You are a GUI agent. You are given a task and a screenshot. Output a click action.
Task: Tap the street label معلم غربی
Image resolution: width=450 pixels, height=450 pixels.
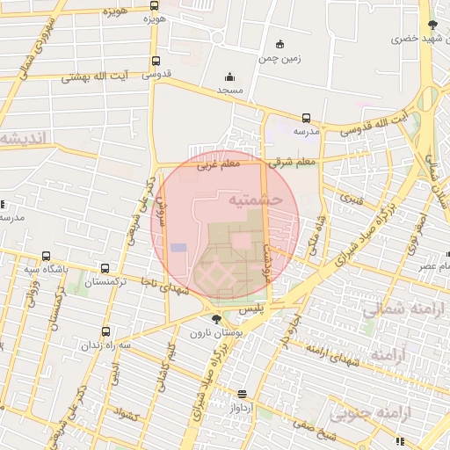(x=218, y=164)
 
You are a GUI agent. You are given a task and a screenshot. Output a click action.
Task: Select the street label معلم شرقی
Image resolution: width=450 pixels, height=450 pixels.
(x=295, y=163)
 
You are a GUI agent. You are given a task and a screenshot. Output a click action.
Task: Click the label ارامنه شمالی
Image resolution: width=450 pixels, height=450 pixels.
(x=403, y=309)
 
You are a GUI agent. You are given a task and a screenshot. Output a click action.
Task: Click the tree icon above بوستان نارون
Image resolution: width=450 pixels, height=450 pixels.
(x=216, y=318)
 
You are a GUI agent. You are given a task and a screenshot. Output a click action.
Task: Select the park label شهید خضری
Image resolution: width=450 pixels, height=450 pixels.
(x=417, y=39)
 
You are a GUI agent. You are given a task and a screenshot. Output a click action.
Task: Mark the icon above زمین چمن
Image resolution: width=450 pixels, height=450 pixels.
(x=279, y=45)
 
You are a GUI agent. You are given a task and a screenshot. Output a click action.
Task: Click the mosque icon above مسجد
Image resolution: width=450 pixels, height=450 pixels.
(x=230, y=77)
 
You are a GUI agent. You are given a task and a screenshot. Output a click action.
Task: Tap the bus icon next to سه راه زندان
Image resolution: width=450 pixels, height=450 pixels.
(x=106, y=332)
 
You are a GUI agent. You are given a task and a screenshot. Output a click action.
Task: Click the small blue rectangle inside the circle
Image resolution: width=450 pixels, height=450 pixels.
(x=178, y=248)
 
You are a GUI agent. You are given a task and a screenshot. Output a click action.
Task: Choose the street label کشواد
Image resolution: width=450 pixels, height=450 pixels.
(x=127, y=413)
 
